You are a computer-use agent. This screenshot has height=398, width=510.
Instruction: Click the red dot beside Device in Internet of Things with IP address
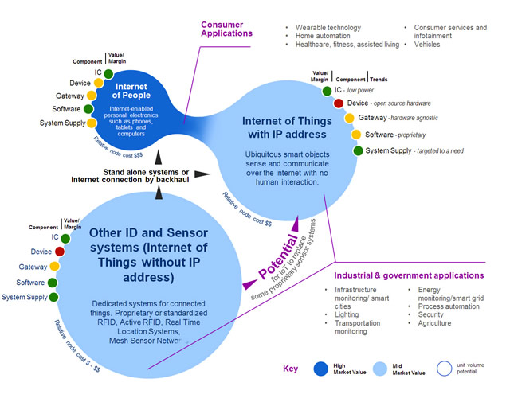(338, 103)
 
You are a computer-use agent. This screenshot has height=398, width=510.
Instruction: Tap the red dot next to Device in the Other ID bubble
(59, 252)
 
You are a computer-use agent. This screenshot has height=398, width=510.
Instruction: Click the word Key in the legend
(291, 369)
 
